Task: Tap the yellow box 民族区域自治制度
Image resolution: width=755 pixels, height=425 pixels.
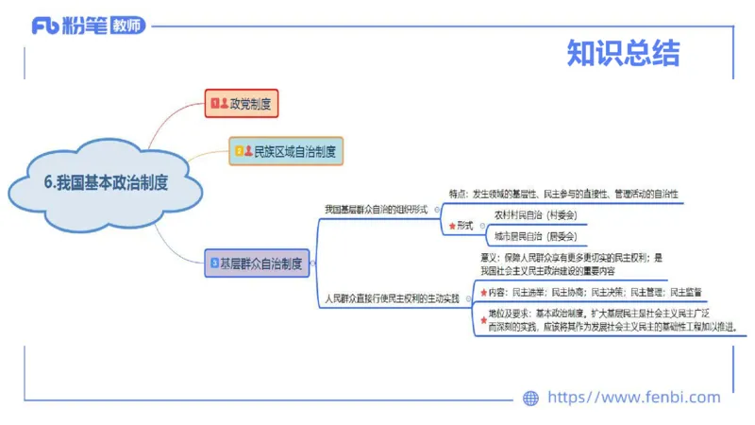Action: coord(288,150)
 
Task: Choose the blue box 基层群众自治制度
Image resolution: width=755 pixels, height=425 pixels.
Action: coord(256,264)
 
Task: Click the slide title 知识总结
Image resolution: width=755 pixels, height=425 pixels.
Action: coord(623,53)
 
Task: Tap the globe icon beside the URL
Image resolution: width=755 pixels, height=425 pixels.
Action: coord(530,399)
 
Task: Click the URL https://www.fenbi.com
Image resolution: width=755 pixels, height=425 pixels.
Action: coord(633,398)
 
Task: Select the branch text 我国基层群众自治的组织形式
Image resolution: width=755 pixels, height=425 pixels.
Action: coord(376,209)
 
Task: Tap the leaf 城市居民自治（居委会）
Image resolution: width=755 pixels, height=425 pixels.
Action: coord(535,236)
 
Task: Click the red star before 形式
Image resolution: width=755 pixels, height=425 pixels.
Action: coord(452,227)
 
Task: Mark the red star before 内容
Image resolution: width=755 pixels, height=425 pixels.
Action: coord(484,293)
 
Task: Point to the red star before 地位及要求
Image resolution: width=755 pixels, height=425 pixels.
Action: coord(484,320)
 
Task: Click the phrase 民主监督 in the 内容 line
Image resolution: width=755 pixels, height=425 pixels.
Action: coord(688,293)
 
